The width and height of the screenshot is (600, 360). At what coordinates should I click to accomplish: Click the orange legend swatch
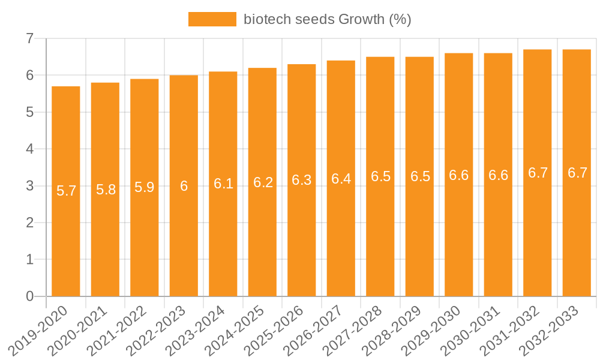tap(212, 19)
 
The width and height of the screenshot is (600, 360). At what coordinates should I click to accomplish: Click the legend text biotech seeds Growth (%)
tap(327, 19)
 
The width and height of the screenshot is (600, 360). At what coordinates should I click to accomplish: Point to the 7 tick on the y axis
tap(29, 39)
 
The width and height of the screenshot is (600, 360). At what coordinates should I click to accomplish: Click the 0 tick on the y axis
tap(29, 296)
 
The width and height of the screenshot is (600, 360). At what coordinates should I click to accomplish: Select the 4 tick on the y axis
tap(29, 149)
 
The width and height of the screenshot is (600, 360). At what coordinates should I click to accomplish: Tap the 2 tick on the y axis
tap(29, 223)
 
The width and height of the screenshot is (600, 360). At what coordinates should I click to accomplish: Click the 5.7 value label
tap(66, 191)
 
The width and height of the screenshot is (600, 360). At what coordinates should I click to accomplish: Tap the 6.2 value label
tap(263, 183)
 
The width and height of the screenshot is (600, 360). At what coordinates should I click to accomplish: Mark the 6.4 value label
tap(341, 179)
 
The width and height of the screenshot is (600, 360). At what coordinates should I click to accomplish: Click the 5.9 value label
tap(145, 187)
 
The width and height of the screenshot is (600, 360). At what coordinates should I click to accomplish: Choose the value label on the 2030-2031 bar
tap(499, 175)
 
